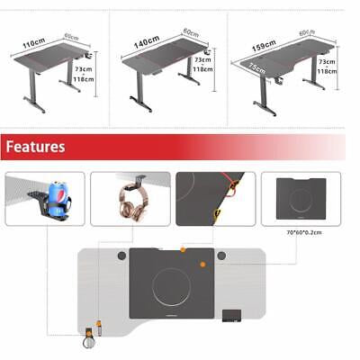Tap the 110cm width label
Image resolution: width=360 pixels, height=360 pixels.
point(33,43)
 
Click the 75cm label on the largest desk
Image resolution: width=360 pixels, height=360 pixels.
point(258,69)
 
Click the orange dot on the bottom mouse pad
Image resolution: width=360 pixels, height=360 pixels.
point(202,264)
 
